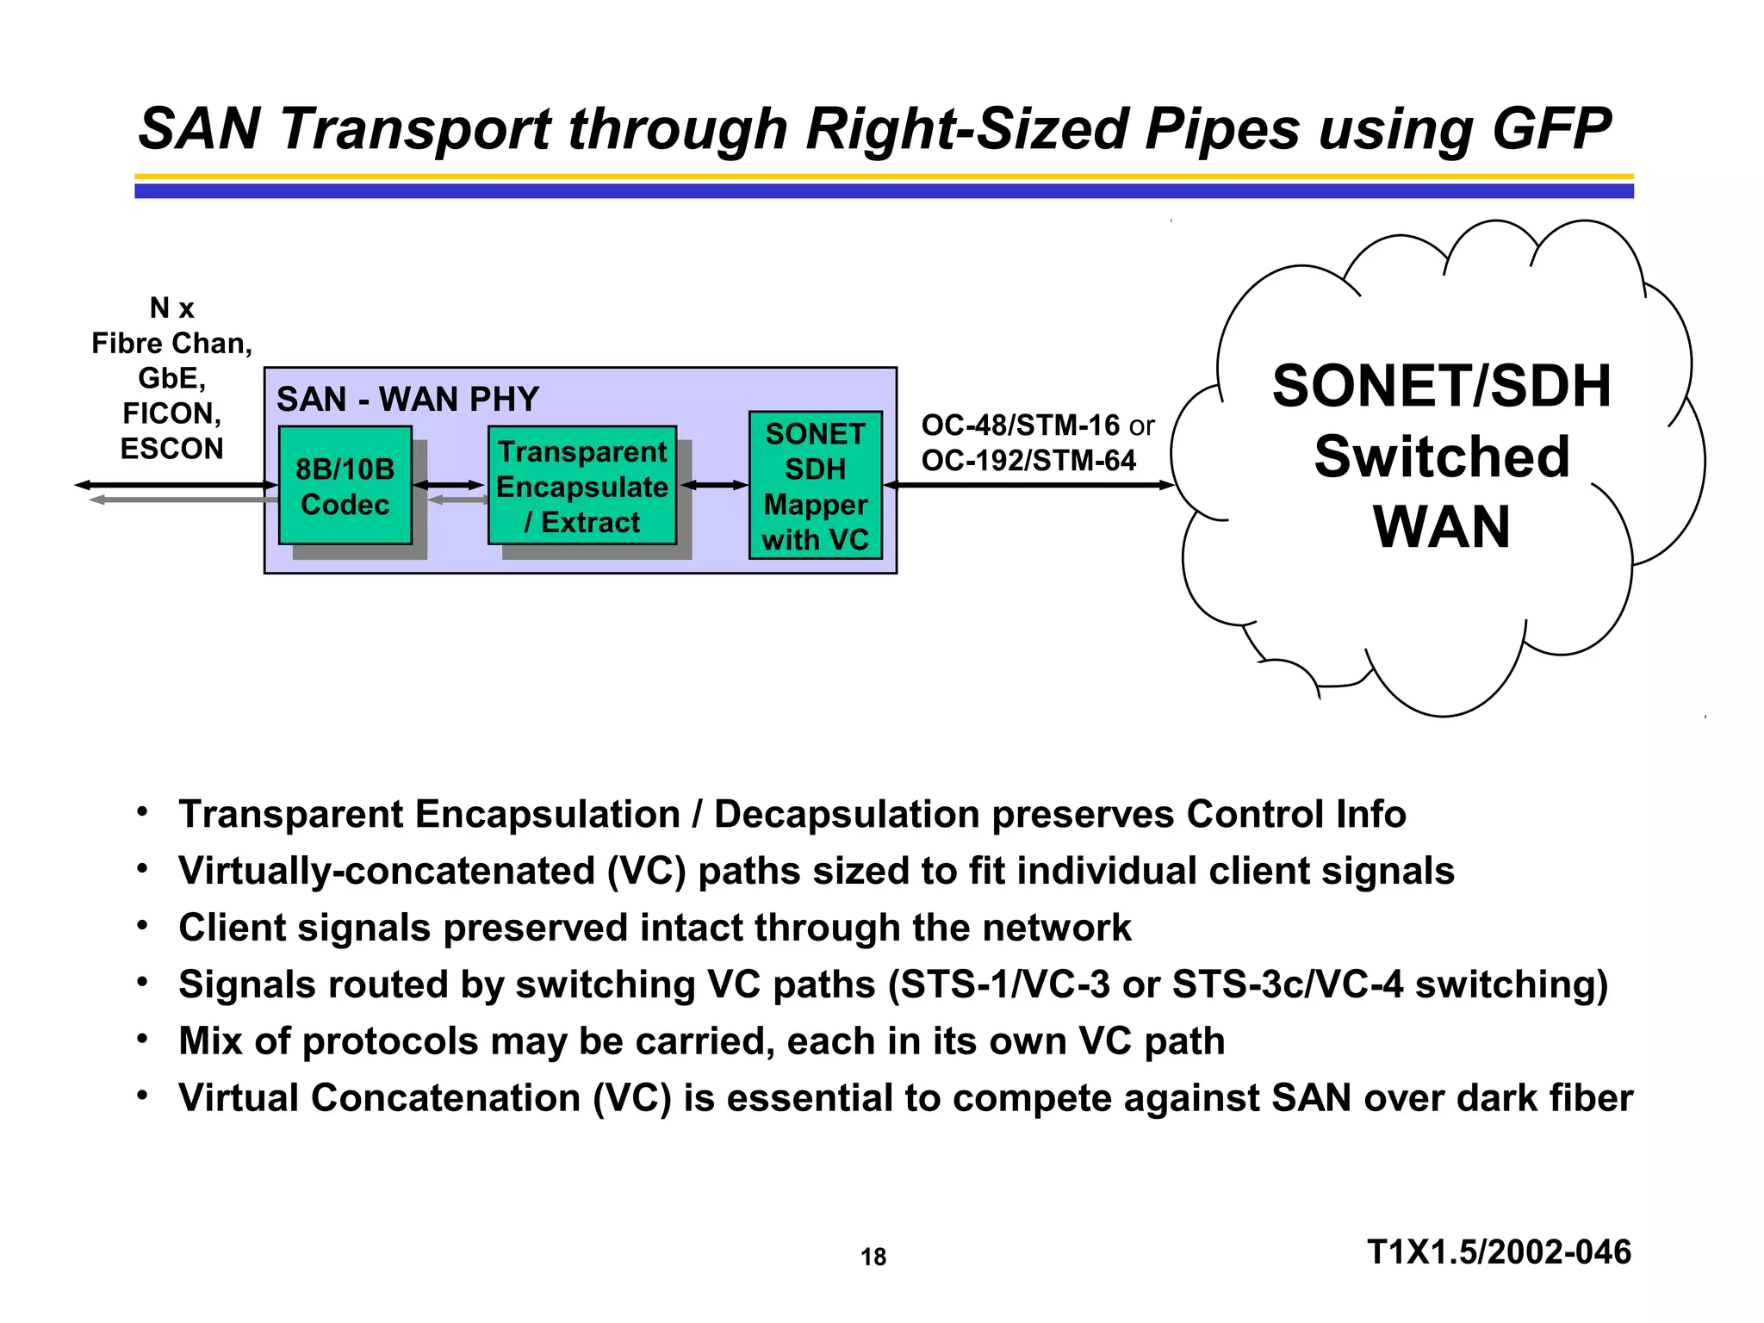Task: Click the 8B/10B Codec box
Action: coord(345,486)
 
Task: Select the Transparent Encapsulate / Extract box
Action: coord(581,486)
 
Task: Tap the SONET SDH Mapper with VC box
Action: coord(815,486)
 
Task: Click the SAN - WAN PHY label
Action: coord(407,400)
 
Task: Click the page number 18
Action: coord(873,1257)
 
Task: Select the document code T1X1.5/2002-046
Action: coord(1499,1252)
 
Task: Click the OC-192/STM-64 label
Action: coord(1028,461)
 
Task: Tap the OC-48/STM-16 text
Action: coord(1020,425)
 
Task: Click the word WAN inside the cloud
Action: coord(1441,526)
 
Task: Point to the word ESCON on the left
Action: coord(171,449)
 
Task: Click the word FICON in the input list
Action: coord(171,413)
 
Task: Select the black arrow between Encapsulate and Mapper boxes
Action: coord(714,485)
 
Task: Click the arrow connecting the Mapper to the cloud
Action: coord(1028,485)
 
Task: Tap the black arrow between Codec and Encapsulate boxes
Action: coord(450,485)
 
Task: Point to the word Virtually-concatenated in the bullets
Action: coord(387,871)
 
